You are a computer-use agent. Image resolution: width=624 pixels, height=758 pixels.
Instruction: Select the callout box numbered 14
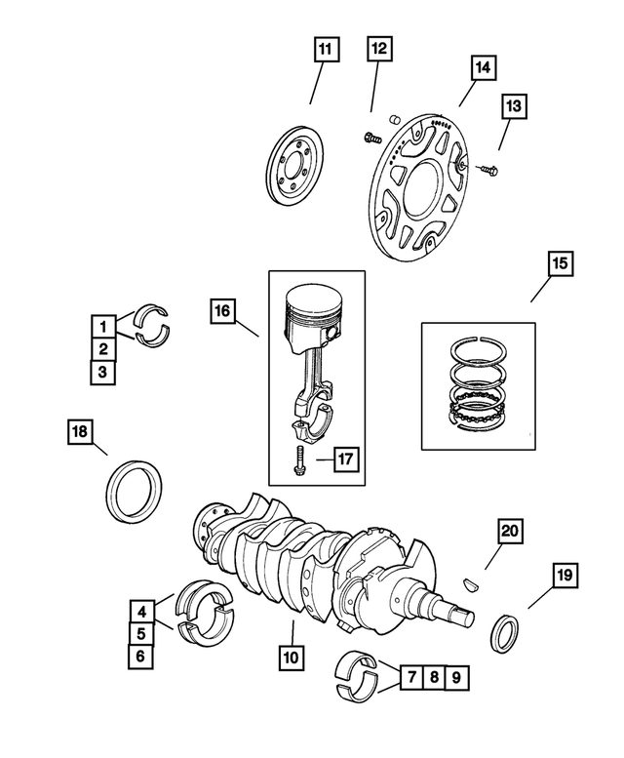tap(483, 68)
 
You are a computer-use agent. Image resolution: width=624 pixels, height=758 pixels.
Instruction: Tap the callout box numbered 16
tap(222, 311)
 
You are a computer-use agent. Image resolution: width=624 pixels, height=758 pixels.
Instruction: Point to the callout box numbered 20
tap(510, 531)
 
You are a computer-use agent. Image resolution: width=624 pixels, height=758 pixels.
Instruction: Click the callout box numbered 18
tap(81, 430)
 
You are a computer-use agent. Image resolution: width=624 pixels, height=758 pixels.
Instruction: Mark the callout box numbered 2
tap(102, 347)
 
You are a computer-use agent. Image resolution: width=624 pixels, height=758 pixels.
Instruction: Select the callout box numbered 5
tap(142, 634)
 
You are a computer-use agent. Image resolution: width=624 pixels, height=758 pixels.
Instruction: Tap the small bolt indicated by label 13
tap(488, 171)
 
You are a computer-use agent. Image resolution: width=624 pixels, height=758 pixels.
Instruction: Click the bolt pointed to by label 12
tap(371, 138)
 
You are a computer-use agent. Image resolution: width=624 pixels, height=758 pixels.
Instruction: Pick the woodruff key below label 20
tap(473, 584)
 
